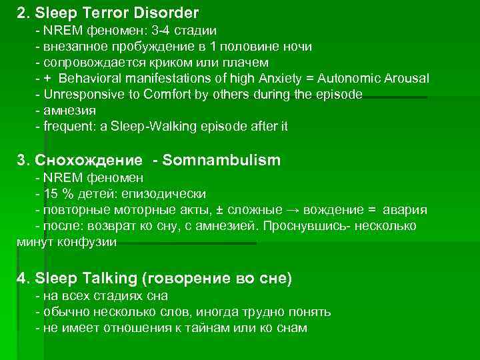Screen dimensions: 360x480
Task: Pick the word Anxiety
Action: click(x=283, y=79)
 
